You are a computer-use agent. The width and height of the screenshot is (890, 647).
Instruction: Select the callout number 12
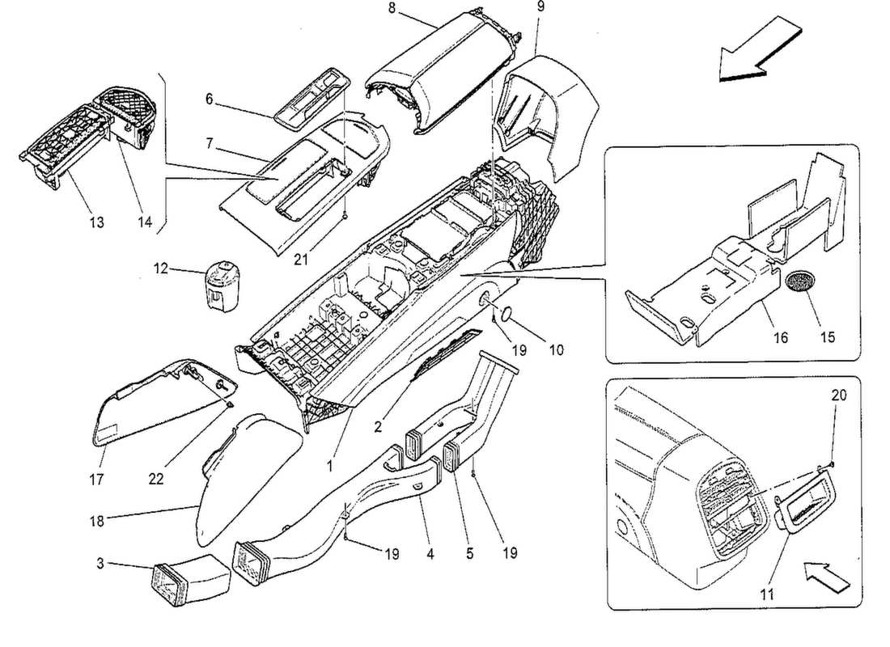tap(162, 269)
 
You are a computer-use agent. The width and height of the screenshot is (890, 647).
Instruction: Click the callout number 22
tap(156, 479)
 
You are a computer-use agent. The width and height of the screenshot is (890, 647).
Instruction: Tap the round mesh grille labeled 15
tap(802, 284)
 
